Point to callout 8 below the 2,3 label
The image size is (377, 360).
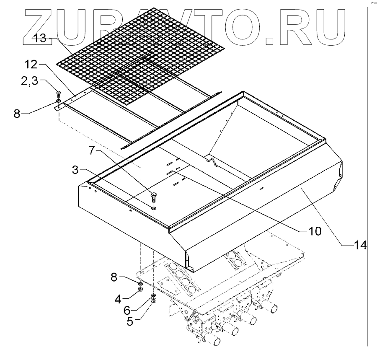point(17,114)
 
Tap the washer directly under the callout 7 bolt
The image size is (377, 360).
point(154,208)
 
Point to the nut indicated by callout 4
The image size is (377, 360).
point(141,289)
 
